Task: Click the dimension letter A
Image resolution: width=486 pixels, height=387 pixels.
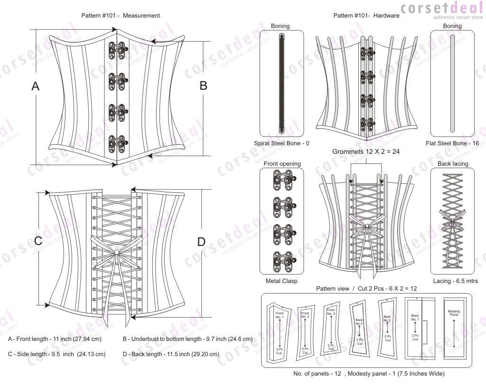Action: (x=35, y=86)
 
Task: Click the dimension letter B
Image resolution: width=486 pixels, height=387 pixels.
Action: (x=203, y=85)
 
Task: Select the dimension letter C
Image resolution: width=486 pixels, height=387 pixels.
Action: (x=38, y=241)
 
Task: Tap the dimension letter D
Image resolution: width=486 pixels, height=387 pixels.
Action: (x=201, y=242)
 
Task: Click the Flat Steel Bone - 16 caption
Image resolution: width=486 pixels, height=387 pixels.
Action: (x=452, y=143)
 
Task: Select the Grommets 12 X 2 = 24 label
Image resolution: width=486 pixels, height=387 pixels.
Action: (x=366, y=151)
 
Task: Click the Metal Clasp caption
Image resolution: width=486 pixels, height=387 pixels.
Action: (x=282, y=281)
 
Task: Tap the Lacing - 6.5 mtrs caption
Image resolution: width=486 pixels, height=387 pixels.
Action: (x=452, y=281)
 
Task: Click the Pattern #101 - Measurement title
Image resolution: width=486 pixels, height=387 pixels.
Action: (x=121, y=15)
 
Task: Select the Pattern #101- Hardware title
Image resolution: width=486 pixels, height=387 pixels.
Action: (x=366, y=15)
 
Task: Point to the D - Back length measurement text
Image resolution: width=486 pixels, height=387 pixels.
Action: (x=171, y=354)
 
